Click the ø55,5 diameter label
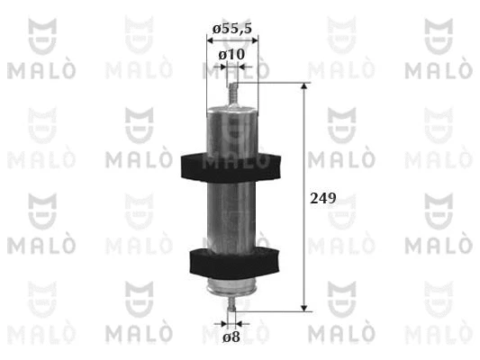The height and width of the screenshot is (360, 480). point(232,29)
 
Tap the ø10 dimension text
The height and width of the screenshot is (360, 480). point(231,55)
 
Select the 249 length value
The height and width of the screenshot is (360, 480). point(323,198)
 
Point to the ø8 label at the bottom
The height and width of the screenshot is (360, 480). point(231,337)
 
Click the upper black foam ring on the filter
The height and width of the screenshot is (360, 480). point(231,167)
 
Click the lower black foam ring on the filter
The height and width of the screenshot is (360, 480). point(234,264)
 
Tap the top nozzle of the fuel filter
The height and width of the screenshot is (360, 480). point(233,94)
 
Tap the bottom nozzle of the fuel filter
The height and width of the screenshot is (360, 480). point(232,303)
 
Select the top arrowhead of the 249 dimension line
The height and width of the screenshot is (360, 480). point(304,85)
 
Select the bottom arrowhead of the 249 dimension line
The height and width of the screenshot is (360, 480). point(304,308)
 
